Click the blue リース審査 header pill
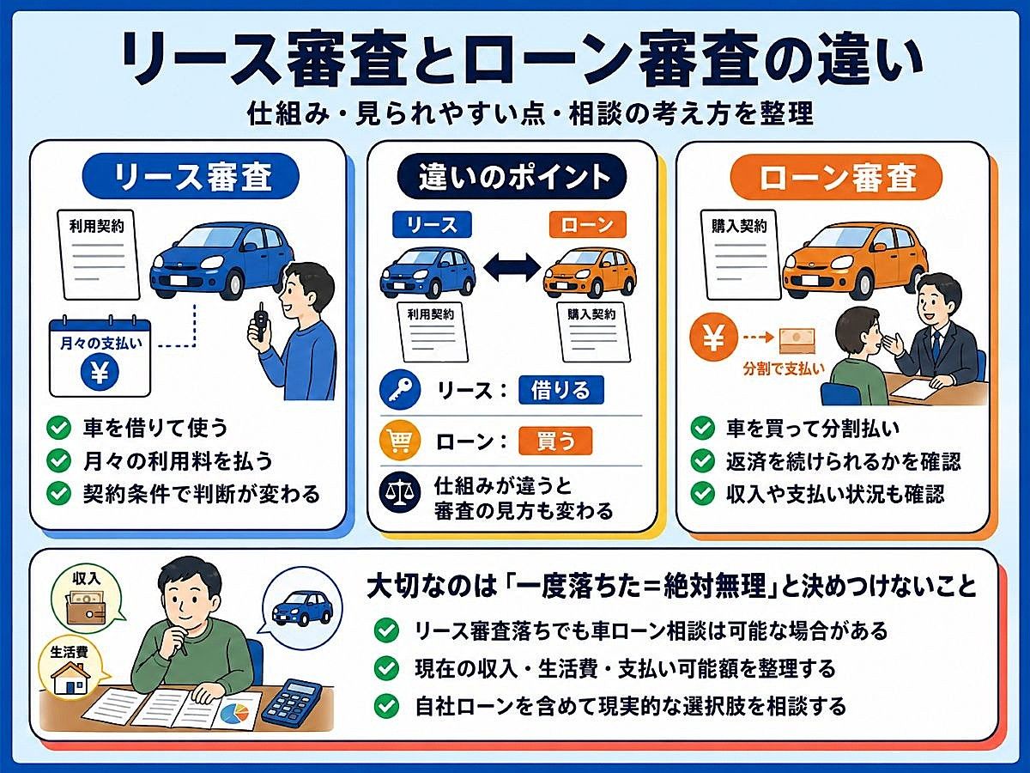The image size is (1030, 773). pos(191,175)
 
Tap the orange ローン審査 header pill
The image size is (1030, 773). pos(836,177)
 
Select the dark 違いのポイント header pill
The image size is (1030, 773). pos(512,176)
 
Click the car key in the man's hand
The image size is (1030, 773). pos(258,320)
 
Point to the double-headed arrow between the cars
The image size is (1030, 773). pos(512,267)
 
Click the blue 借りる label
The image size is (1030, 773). pos(561,390)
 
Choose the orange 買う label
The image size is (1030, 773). pos(555,441)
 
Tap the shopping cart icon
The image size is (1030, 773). pos(399,441)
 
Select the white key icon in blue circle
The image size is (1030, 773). pos(400,390)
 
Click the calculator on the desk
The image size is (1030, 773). pos(292,701)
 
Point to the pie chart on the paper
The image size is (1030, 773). pos(234,711)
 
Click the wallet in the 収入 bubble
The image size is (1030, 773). pos(86,607)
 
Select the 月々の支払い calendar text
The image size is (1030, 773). pos(100,344)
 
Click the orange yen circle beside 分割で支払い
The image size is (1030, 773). pos(713,337)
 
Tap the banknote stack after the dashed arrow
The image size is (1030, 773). pos(797,340)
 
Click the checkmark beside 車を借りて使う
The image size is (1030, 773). pos(59,428)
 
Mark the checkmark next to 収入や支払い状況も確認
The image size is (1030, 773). pos(702,494)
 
